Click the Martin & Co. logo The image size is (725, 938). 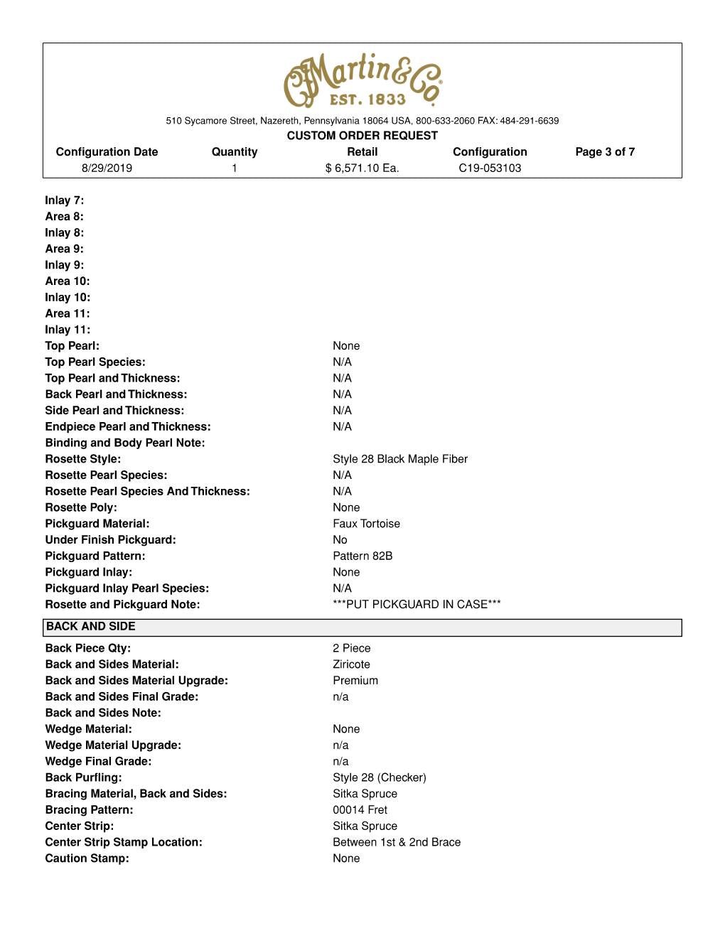[x=362, y=80]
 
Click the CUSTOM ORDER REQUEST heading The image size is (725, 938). [x=362, y=136]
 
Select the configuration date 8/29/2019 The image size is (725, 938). [x=107, y=168]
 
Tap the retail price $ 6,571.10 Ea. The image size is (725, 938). [x=362, y=168]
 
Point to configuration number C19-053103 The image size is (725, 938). [x=490, y=168]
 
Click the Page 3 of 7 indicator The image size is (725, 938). [x=605, y=152]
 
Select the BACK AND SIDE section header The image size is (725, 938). [x=90, y=627]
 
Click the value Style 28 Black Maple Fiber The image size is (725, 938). [x=400, y=459]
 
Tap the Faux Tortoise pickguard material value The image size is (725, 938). [x=366, y=524]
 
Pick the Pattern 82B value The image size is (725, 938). [x=362, y=556]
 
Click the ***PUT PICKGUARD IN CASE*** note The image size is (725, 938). [x=417, y=605]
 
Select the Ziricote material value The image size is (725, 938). [x=351, y=664]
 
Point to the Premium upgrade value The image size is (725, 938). [x=355, y=681]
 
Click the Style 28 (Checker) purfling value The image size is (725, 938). [x=380, y=777]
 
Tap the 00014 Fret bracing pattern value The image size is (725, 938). [x=360, y=810]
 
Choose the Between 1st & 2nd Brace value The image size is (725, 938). [x=397, y=842]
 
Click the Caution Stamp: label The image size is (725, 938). [x=87, y=858]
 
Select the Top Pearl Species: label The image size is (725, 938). [x=95, y=362]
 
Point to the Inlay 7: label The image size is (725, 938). [x=65, y=200]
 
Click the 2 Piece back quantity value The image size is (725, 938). [x=352, y=648]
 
